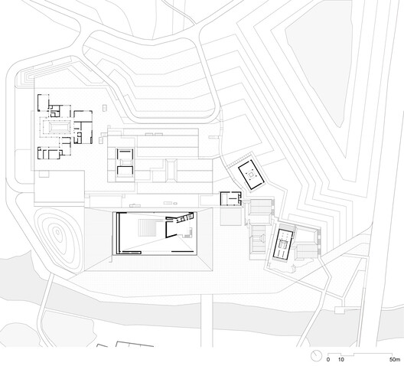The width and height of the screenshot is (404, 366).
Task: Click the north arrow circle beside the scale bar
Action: click(x=316, y=356)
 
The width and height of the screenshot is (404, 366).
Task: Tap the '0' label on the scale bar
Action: click(x=328, y=359)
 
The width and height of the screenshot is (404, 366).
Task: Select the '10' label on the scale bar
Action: click(x=341, y=359)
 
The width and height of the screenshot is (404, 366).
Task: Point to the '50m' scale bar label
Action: click(x=395, y=359)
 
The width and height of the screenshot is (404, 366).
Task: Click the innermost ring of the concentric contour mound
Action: click(x=57, y=233)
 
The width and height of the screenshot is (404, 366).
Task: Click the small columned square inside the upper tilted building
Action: click(x=251, y=175)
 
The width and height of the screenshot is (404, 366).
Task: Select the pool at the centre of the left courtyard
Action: click(x=57, y=126)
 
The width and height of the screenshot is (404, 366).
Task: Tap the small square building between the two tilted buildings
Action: click(x=230, y=198)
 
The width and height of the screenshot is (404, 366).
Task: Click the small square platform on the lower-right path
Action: click(x=339, y=310)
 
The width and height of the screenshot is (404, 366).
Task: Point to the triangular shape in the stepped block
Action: click(x=262, y=237)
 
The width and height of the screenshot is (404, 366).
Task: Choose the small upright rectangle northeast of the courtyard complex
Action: click(x=104, y=108)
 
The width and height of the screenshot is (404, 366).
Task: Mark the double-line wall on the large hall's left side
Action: click(x=118, y=233)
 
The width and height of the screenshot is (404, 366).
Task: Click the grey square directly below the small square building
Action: click(x=230, y=216)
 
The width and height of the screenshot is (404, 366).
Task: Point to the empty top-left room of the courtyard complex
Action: click(x=43, y=103)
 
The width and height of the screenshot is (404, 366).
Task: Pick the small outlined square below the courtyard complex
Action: click(x=44, y=174)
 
